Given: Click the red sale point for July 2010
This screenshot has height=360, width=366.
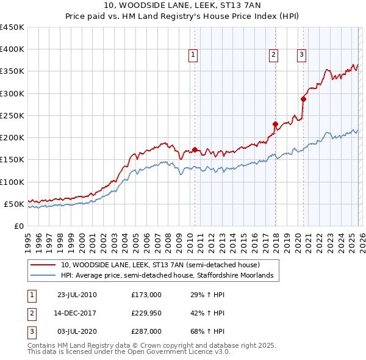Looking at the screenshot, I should pos(195,149).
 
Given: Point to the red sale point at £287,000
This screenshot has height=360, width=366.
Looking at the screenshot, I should pos(303,99).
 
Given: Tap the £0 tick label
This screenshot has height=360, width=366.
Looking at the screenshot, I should pos(19,226).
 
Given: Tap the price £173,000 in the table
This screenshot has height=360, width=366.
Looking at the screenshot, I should pos(146,295).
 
